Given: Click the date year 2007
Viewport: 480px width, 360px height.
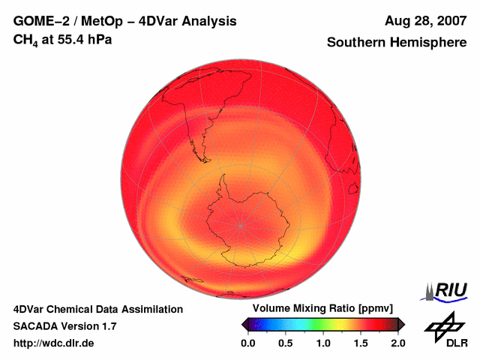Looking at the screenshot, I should point(452,21).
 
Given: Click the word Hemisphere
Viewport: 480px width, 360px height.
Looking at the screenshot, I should point(430,43).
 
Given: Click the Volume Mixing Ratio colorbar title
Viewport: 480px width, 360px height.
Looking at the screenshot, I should point(322,308).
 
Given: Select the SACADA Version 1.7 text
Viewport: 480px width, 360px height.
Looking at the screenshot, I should point(64,326).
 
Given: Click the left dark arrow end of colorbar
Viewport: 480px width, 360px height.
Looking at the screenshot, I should point(244,324).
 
